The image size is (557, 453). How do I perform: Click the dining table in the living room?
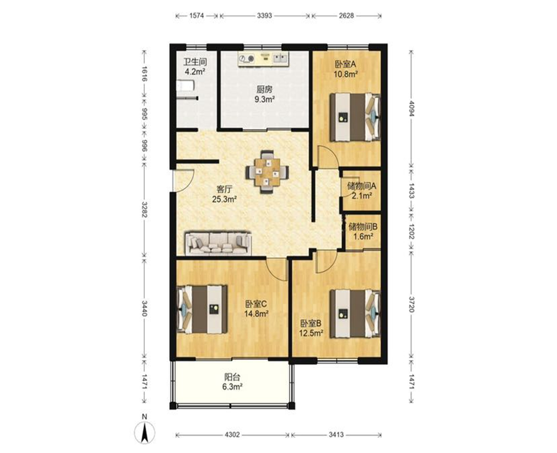(x=267, y=172)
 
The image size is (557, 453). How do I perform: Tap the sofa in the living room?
(x=218, y=243)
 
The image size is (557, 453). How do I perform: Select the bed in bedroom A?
(x=355, y=117)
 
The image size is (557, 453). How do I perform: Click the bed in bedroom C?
(x=202, y=309)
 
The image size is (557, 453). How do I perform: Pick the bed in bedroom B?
(x=355, y=313)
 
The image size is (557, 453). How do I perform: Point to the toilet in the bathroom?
(x=186, y=86)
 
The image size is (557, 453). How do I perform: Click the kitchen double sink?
(x=280, y=58)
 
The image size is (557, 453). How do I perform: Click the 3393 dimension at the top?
(x=265, y=16)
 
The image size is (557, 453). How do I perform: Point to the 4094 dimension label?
(x=411, y=108)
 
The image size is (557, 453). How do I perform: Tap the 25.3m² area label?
(x=225, y=199)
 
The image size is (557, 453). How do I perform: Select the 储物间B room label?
(x=363, y=227)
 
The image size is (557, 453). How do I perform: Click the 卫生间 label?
(x=195, y=62)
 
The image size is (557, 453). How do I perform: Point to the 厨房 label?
(x=264, y=90)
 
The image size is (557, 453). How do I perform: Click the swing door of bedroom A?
(x=327, y=156)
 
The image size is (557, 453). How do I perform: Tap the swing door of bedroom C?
(x=277, y=270)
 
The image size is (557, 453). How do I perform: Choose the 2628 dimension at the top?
(x=346, y=16)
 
